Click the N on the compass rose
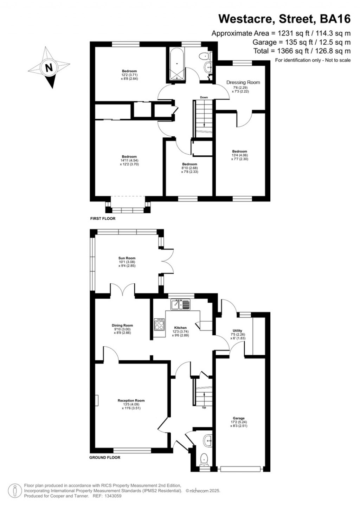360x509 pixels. pyautogui.click(x=49, y=67)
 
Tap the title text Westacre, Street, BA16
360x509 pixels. pyautogui.click(x=284, y=19)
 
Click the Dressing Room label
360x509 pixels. pyautogui.click(x=243, y=82)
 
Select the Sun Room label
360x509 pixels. pyautogui.click(x=127, y=258)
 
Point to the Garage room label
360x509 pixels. pyautogui.click(x=239, y=418)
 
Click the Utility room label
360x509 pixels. pyautogui.click(x=237, y=331)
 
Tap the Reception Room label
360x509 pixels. pyautogui.click(x=131, y=400)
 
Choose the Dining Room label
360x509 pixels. pyautogui.click(x=122, y=326)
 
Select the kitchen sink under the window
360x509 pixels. pyautogui.click(x=180, y=304)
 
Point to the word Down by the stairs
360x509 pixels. pyautogui.click(x=204, y=97)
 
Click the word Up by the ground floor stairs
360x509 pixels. pyautogui.click(x=204, y=407)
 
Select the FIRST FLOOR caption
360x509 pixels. pyautogui.click(x=103, y=219)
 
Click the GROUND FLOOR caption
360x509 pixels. pyautogui.click(x=105, y=458)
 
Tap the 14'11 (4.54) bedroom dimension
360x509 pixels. pyautogui.click(x=129, y=161)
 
